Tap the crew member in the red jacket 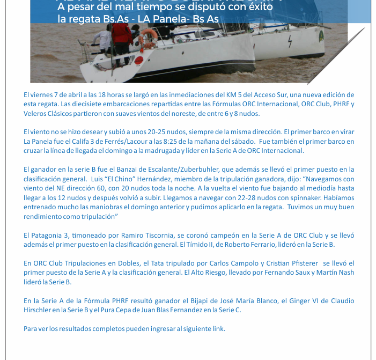[122, 35]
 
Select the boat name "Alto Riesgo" [207, 273]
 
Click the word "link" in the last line [218, 329]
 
